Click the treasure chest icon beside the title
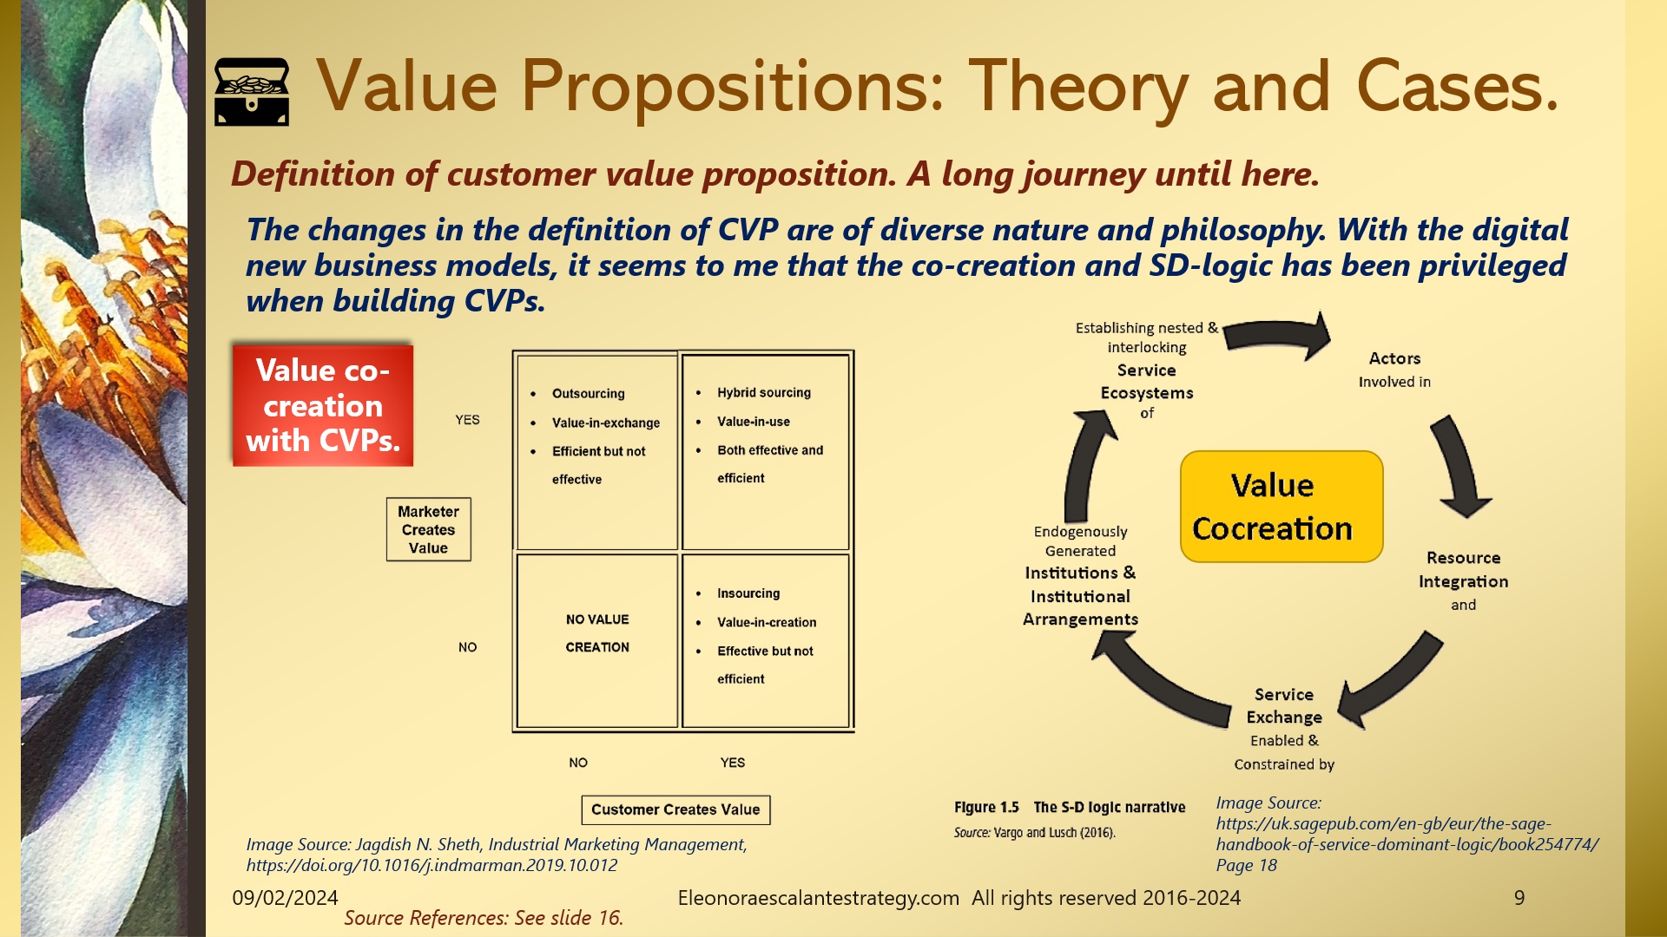coord(252,92)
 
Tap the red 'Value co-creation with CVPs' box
coord(323,405)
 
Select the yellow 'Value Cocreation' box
coord(1281,507)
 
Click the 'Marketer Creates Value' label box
coord(428,529)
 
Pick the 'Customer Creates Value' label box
coord(675,809)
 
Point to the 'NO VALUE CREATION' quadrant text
coord(597,633)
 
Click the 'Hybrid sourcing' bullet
coord(763,392)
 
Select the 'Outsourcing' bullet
coord(588,393)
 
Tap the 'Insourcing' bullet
coord(748,593)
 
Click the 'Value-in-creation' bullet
coord(766,622)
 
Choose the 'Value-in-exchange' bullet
coord(605,423)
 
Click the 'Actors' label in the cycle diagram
coord(1394,358)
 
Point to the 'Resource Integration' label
coord(1463,569)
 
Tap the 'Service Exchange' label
coord(1283,705)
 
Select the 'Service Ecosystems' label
coord(1146,382)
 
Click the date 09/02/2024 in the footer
coord(285,898)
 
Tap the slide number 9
coord(1519,898)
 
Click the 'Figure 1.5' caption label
coord(986,807)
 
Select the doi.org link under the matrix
coord(432,865)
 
